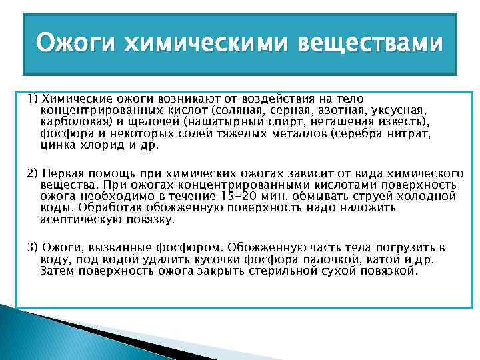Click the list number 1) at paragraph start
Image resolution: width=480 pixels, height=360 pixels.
point(33,99)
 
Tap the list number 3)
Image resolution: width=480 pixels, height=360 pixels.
point(33,247)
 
